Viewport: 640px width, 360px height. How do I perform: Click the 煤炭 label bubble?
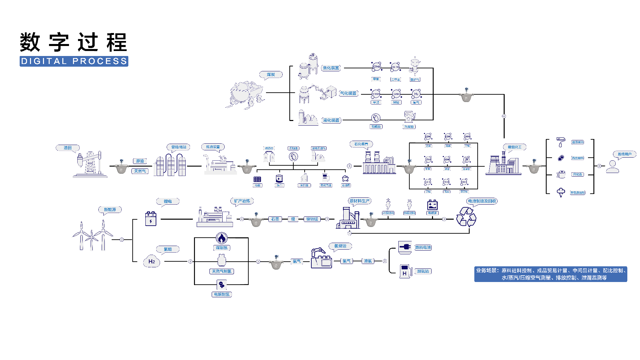click(x=271, y=75)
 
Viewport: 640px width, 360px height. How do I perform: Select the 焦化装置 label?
click(x=331, y=68)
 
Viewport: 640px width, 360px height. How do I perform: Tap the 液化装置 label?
click(x=331, y=120)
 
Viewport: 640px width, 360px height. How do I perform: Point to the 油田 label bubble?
click(x=68, y=148)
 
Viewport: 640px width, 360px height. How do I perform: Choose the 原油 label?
click(x=140, y=161)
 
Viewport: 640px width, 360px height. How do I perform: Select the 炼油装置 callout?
click(x=213, y=147)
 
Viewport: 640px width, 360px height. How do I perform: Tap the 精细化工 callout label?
click(x=514, y=147)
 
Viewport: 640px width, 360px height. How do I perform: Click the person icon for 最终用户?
click(x=612, y=167)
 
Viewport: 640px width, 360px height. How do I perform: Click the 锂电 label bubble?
click(x=168, y=201)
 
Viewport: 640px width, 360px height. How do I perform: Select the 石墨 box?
click(x=275, y=219)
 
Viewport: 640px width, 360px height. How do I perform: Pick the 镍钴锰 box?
click(x=312, y=219)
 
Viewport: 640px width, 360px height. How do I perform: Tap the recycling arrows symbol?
click(x=466, y=217)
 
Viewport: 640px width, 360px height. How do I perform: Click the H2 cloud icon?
click(x=152, y=261)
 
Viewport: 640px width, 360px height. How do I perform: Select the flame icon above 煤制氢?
click(x=221, y=238)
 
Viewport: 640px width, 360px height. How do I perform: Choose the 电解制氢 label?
click(x=221, y=294)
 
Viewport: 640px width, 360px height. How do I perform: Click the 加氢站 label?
click(x=423, y=271)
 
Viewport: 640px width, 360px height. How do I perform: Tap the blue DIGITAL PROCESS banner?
click(x=74, y=61)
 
